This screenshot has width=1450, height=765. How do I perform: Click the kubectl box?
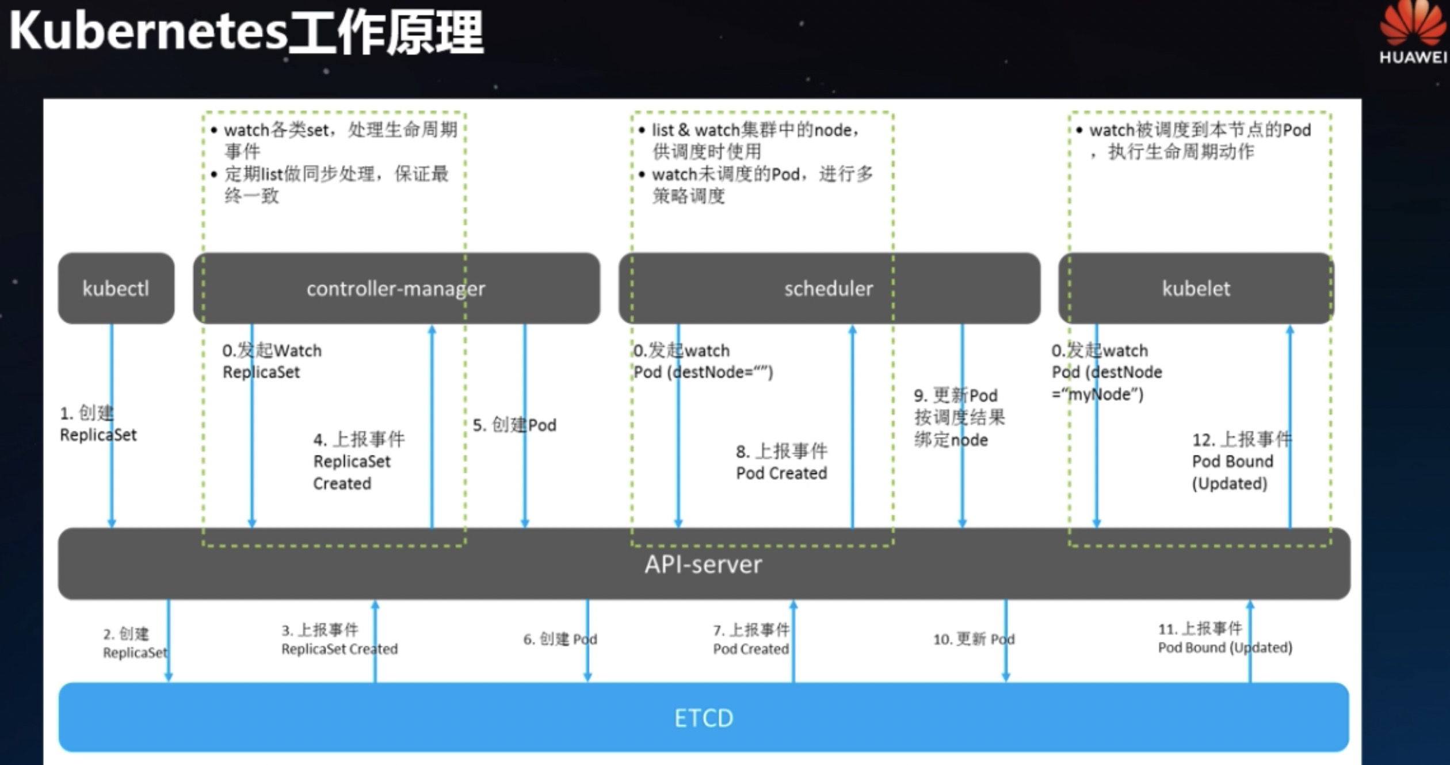coord(116,288)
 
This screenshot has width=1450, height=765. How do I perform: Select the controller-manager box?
coord(396,288)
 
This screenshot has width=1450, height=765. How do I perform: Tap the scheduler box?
coord(829,288)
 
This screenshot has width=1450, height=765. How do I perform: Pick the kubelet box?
coord(1196,288)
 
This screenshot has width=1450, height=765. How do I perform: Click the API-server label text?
coord(703,564)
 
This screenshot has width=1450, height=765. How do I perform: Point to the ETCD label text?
coord(703,718)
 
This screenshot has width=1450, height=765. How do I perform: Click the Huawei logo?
coord(1413,32)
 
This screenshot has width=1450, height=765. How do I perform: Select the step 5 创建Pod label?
coord(514,425)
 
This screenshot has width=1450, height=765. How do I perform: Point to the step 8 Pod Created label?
coord(781,462)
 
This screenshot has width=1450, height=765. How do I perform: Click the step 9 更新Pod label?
coord(959,418)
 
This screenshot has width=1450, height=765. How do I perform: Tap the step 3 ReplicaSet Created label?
coord(339,640)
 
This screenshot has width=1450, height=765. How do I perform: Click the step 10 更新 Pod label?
coord(974,639)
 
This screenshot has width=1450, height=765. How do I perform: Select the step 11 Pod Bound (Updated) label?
coord(1224,638)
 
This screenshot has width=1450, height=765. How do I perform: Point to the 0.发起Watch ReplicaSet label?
coord(272,361)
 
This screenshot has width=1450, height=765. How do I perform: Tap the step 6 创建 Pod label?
coord(560,639)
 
